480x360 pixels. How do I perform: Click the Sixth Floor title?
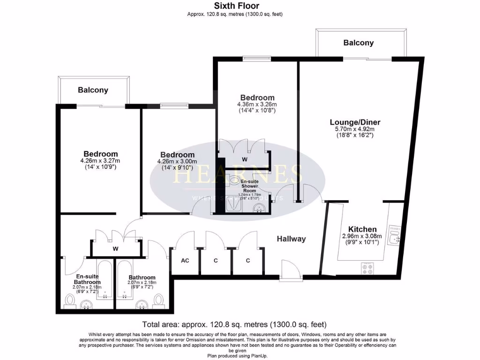[x=236, y=6]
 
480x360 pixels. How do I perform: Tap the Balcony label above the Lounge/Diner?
[x=359, y=43]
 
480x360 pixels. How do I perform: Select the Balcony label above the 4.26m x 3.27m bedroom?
[x=93, y=90]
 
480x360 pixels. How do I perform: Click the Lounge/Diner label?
[x=354, y=122]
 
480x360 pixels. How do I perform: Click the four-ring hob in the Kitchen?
[x=367, y=268]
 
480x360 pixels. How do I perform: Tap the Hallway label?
[x=291, y=239]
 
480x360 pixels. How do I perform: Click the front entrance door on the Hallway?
[x=287, y=270]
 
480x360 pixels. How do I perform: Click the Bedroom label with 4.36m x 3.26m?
[x=255, y=97]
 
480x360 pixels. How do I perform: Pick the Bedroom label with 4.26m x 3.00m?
[x=177, y=155]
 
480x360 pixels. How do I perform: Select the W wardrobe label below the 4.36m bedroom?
[x=244, y=159]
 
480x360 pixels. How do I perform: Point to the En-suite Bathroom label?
[x=89, y=279]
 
